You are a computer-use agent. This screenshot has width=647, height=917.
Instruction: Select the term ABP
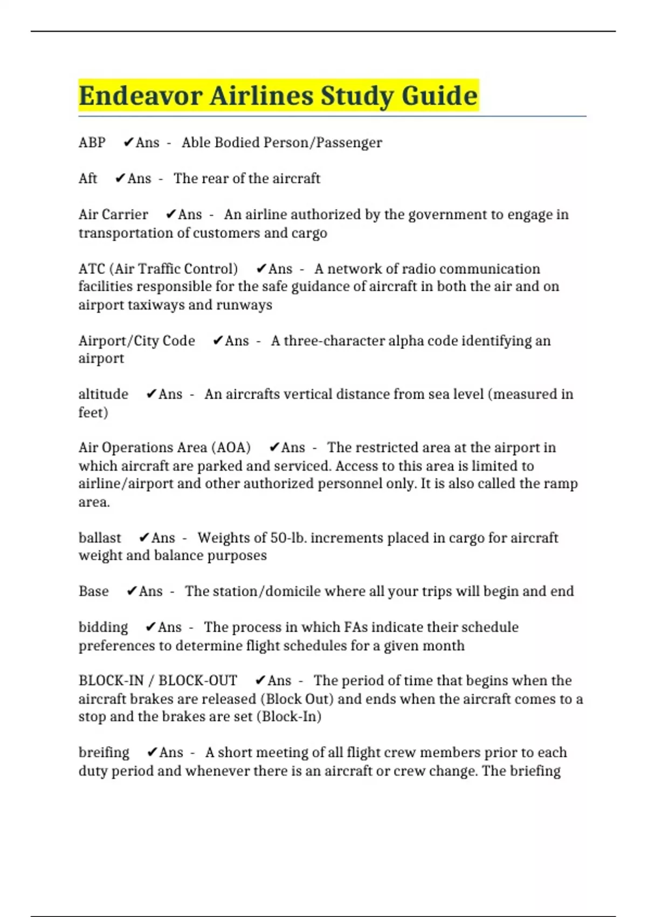92,142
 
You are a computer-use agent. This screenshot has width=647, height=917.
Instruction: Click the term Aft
87,179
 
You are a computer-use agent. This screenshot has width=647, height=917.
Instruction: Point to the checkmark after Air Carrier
171,215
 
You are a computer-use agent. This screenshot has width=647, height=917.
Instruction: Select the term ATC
92,269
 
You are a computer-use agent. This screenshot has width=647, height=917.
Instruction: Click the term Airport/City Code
136,341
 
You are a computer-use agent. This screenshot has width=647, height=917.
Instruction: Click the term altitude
103,394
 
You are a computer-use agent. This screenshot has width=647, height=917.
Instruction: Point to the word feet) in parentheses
93,413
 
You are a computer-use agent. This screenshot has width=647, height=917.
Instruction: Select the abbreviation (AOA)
231,448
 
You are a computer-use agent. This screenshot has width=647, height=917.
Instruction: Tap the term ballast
100,538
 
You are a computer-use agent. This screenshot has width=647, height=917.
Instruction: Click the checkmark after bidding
150,627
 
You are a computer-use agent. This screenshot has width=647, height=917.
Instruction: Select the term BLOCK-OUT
198,681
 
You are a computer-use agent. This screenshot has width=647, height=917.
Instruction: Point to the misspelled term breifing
104,752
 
